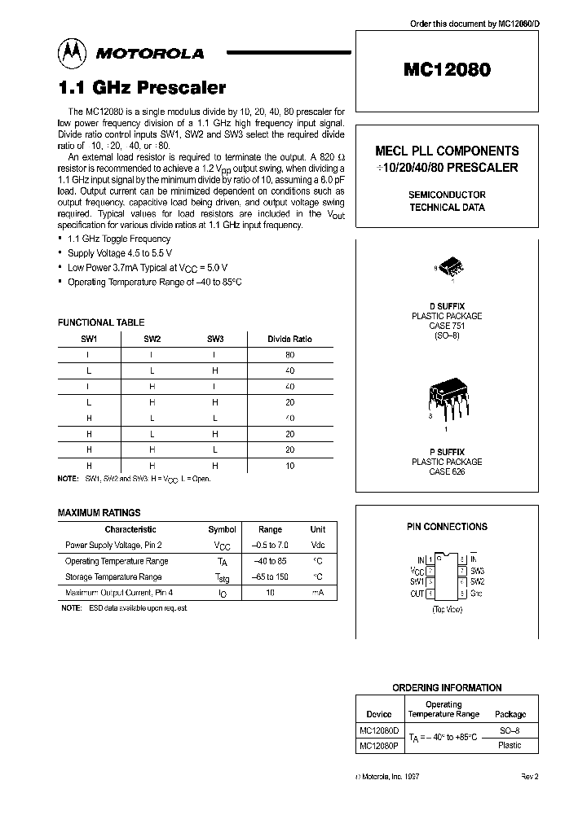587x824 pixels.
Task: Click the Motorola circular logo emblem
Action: click(72, 54)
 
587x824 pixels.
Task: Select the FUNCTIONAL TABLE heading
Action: click(101, 323)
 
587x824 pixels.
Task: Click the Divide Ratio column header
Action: click(289, 339)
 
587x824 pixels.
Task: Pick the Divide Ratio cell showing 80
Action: click(289, 355)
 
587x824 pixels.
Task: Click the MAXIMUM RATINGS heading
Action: click(99, 513)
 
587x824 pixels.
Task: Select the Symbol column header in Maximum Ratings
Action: click(222, 529)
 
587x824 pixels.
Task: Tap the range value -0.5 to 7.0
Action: click(270, 545)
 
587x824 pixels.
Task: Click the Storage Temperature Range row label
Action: click(113, 576)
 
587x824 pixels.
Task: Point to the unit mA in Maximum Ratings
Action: click(317, 593)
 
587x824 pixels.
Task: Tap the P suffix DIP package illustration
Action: click(446, 397)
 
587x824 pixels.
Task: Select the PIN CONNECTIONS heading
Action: click(447, 527)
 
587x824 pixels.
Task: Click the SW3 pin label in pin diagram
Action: click(477, 572)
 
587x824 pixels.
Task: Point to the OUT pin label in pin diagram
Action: click(417, 594)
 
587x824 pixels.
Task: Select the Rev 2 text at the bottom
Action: click(530, 777)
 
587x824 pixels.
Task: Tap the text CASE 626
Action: click(447, 472)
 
